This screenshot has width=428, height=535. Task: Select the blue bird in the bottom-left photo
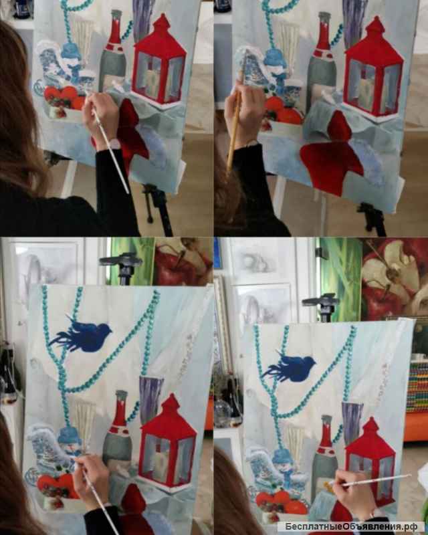pos(81,334)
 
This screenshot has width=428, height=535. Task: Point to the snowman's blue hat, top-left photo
pos(71,52)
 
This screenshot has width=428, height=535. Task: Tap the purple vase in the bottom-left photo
pos(150,398)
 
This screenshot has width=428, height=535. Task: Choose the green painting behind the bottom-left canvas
pos(130,261)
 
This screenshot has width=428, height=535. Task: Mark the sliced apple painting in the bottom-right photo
pos(395,279)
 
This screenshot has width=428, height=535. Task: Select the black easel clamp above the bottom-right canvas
pos(320,306)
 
